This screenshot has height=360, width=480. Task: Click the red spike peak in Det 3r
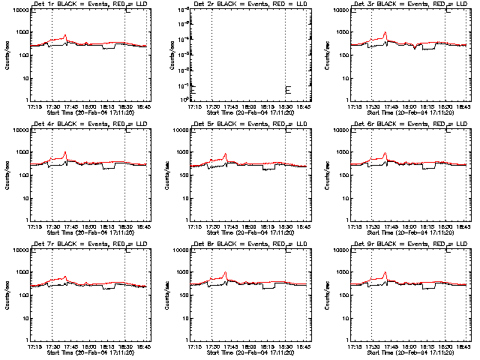point(385,32)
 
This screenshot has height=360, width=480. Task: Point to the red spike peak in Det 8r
point(225,272)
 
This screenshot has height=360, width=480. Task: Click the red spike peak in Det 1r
point(65,34)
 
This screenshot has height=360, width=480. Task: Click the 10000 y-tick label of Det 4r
point(18,130)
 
